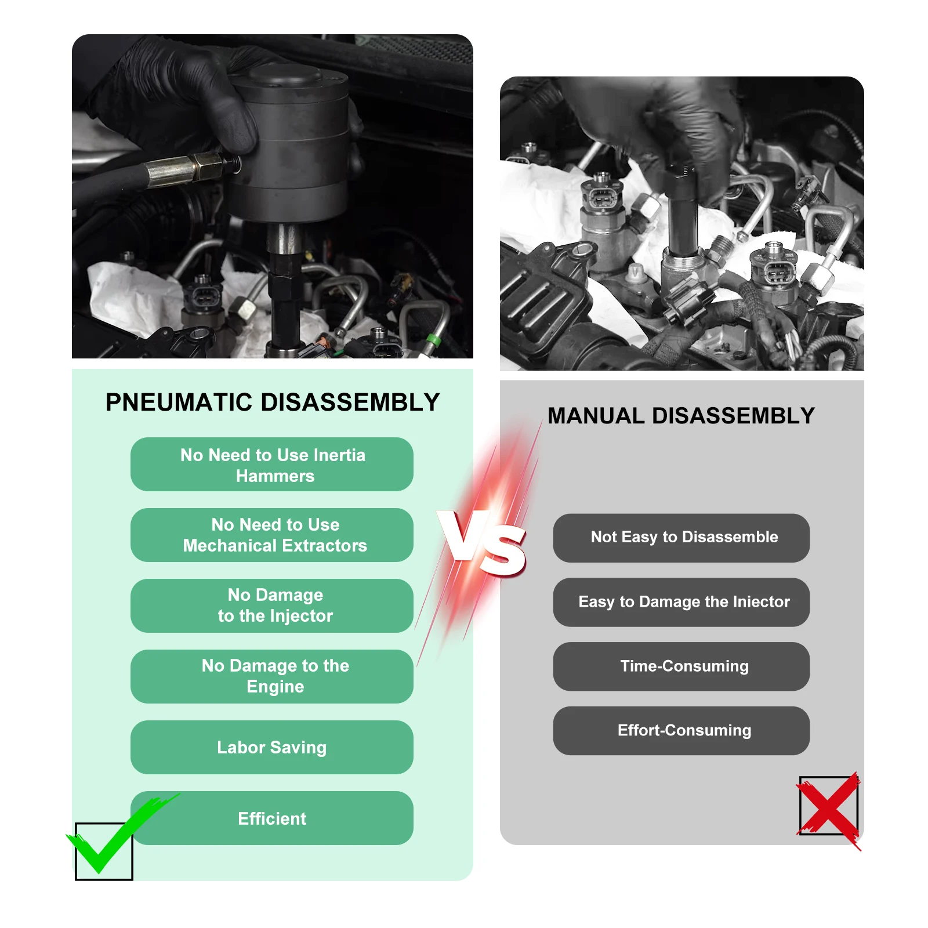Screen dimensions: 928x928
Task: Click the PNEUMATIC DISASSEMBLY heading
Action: (x=273, y=402)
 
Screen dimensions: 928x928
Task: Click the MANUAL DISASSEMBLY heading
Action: (x=681, y=416)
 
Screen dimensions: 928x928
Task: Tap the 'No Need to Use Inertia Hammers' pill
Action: (x=272, y=465)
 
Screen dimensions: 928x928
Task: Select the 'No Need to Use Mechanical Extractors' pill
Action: (x=272, y=535)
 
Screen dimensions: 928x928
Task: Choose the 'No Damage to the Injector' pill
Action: (x=272, y=606)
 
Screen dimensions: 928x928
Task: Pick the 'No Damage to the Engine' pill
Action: (x=272, y=677)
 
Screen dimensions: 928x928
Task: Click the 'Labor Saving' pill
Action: (x=272, y=748)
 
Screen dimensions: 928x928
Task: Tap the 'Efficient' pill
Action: (x=272, y=818)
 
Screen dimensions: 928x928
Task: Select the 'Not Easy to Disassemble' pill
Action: (x=681, y=538)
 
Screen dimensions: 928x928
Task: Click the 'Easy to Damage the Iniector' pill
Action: (x=681, y=603)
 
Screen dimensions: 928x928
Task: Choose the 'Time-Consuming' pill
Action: (x=681, y=667)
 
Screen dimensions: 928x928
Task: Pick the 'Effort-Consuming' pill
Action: (x=681, y=731)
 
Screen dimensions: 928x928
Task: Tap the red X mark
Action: (x=829, y=810)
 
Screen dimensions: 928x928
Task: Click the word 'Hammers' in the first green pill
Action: (x=275, y=476)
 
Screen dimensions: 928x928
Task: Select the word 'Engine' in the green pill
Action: (x=275, y=687)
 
